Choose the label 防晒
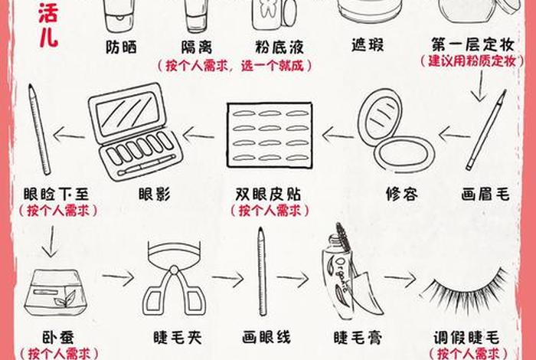[122, 47]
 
